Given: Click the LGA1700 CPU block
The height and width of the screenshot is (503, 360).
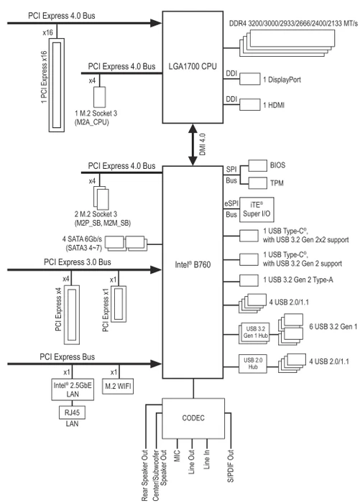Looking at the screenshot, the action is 193,67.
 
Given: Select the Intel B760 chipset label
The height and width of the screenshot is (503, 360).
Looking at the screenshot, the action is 193,264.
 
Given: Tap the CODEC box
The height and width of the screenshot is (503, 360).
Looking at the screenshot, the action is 193,418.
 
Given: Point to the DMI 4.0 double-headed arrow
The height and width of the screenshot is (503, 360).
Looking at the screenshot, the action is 193,144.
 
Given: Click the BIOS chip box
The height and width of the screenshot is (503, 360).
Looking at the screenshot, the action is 258,165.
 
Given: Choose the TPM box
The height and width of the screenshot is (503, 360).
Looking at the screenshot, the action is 258,183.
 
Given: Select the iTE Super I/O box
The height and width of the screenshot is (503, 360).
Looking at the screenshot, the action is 257,210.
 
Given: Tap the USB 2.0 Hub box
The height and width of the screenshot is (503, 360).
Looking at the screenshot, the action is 253,364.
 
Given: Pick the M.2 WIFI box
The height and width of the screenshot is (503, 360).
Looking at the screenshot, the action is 118,387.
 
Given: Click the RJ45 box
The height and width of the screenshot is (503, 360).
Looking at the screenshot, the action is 73,412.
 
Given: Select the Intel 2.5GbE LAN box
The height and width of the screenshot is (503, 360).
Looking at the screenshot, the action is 73,389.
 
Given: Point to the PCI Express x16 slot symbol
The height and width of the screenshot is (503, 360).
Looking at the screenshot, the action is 57,85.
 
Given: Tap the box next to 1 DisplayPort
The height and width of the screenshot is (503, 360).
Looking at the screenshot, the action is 250,79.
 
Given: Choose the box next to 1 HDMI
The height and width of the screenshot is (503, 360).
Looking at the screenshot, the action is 250,105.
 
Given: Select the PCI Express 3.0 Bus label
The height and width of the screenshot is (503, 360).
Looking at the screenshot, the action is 78,262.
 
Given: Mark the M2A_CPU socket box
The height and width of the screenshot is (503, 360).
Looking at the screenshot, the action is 99,97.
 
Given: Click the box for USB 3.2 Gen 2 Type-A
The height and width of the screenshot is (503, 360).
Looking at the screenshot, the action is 249,280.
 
